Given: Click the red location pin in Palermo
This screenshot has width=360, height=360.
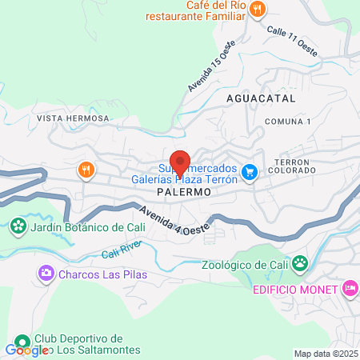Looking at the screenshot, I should coord(180,162).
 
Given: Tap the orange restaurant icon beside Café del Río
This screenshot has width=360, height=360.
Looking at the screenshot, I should coord(257,10).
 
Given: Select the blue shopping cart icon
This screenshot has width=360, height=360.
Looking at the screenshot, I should coord(250,170).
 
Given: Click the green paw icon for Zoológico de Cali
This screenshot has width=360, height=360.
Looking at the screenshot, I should coord(300,262).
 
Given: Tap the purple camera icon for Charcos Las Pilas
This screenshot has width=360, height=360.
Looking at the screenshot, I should coord(46,274).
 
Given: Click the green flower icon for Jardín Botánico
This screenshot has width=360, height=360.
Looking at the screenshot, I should coord(18,227).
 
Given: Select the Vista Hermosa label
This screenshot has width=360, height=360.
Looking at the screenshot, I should coord(72,118).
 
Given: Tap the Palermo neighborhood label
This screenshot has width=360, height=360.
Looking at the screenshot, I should coord(183,193).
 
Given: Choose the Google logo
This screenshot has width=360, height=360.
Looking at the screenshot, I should coord(26,350).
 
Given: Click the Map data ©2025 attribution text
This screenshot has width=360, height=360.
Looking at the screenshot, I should coord(326,354).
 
